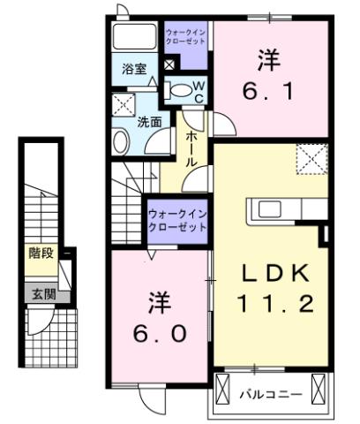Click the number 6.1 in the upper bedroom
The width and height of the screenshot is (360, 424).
(268, 88)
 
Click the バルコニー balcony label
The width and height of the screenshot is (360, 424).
(272, 393)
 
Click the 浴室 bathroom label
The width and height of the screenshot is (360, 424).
(133, 68)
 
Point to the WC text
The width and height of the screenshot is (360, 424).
(199, 90)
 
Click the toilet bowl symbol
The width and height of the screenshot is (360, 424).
(179, 88)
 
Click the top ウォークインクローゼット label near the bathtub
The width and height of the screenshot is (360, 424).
(185, 37)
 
